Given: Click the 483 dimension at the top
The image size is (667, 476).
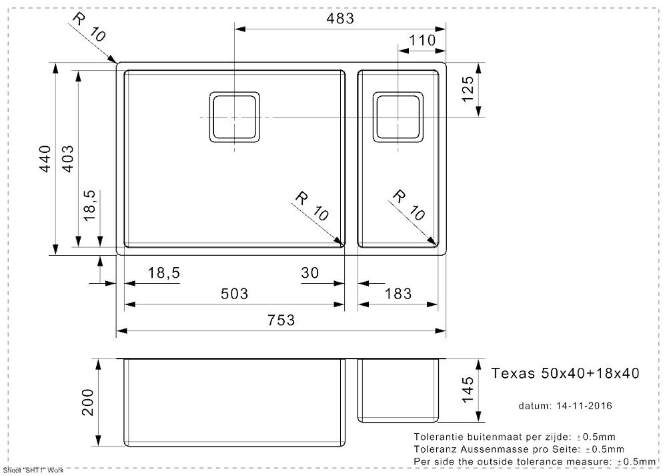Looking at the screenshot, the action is pyautogui.click(x=340, y=18).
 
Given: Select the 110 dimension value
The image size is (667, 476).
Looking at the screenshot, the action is pyautogui.click(x=422, y=41).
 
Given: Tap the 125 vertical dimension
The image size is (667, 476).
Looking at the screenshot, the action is pyautogui.click(x=468, y=89).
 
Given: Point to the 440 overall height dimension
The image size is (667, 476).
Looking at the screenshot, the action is pyautogui.click(x=45, y=159).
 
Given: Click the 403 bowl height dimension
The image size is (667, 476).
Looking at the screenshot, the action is pyautogui.click(x=67, y=159).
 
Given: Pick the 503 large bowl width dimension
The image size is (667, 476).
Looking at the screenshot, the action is pyautogui.click(x=234, y=293).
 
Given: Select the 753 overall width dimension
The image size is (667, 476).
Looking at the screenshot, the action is pyautogui.click(x=281, y=320).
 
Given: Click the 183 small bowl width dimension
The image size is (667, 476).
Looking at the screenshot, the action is pyautogui.click(x=398, y=293).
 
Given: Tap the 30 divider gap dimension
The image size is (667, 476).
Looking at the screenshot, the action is pyautogui.click(x=309, y=272).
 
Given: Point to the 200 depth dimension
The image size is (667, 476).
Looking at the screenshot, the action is pyautogui.click(x=87, y=402).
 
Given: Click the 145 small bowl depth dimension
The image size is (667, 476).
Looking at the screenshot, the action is pyautogui.click(x=468, y=389).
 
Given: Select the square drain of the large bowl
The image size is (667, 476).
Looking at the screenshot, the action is pyautogui.click(x=234, y=116).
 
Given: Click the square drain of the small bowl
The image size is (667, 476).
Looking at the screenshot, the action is pyautogui.click(x=398, y=116).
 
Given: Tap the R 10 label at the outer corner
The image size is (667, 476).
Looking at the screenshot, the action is pyautogui.click(x=89, y=27).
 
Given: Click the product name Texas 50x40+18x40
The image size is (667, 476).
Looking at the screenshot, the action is pyautogui.click(x=566, y=373).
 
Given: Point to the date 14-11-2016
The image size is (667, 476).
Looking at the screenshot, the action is pyautogui.click(x=584, y=406).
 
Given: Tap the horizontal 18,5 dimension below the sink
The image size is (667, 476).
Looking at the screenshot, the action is pyautogui.click(x=164, y=272).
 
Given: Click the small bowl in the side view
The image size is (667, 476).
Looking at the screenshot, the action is pyautogui.click(x=398, y=391).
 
